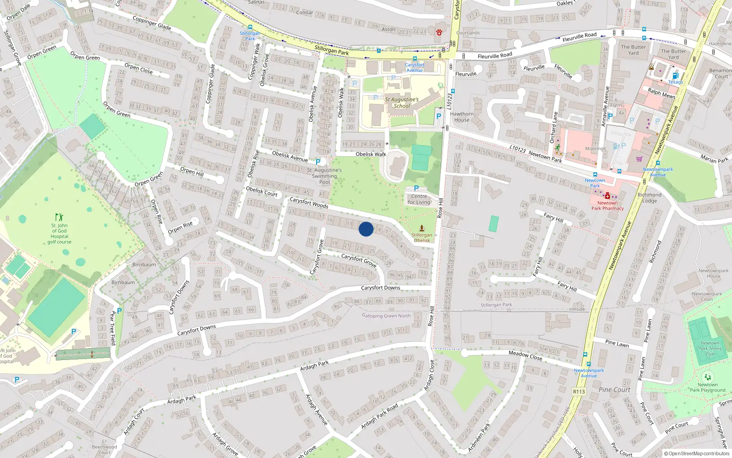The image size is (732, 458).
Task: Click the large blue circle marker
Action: (366, 229)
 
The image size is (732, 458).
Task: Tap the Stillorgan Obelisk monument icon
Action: (422, 228)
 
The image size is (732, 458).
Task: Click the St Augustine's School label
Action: (402, 103)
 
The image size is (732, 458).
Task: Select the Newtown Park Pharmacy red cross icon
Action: (607, 196)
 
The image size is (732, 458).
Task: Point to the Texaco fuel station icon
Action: (675, 76)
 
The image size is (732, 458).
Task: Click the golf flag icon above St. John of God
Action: (59, 217)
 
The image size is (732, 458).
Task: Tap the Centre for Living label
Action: (419, 199)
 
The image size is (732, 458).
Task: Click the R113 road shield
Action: (579, 392)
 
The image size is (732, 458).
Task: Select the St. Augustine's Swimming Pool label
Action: (324, 176)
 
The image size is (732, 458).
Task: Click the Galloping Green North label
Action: (387, 316)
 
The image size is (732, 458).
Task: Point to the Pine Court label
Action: (614, 390)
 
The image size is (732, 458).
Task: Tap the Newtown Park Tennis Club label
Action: (710, 349)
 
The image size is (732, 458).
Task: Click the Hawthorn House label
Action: (462, 117)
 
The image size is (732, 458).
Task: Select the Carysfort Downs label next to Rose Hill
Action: (380, 288)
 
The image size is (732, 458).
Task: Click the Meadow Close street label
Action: (525, 355)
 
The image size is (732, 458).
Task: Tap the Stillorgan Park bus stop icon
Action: (250, 27)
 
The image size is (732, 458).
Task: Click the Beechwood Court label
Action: (104, 449)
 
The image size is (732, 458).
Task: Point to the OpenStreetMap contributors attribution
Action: (697, 454)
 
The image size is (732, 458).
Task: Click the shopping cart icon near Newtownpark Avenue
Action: (639, 159)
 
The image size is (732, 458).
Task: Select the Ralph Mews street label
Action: (661, 93)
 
